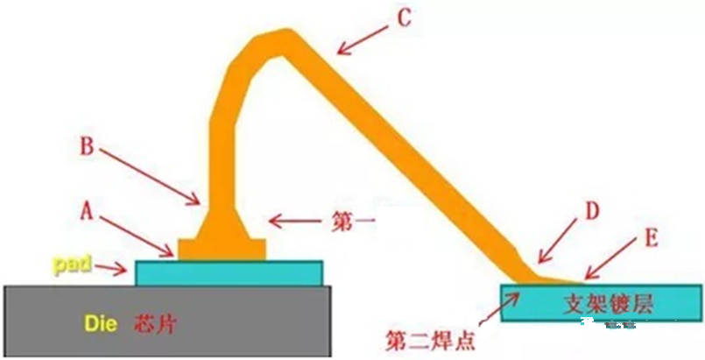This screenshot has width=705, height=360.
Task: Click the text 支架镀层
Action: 604,303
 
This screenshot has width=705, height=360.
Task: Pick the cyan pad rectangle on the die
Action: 229,272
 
